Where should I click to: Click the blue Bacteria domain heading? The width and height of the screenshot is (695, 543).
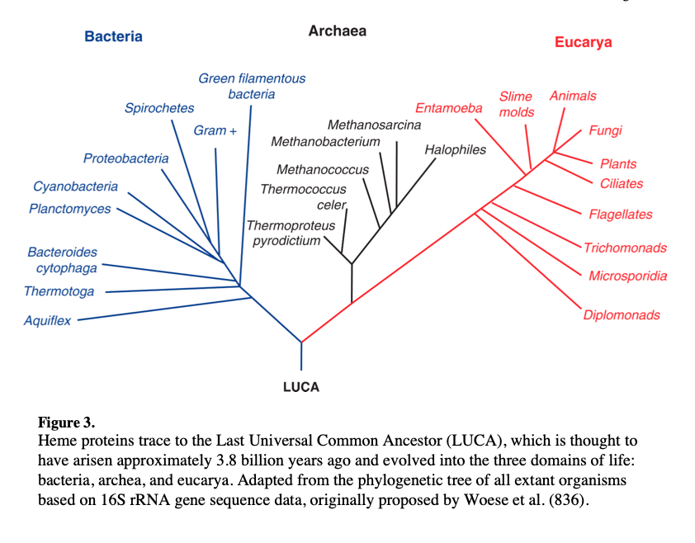[113, 36]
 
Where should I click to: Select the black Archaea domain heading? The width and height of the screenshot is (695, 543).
[337, 31]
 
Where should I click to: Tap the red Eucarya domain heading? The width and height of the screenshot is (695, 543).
[583, 42]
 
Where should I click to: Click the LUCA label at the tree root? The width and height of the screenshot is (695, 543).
[300, 386]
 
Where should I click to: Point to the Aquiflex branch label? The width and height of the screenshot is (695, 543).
[47, 320]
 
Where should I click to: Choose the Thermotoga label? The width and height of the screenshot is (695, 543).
[59, 291]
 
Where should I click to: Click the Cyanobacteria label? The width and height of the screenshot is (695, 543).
[75, 187]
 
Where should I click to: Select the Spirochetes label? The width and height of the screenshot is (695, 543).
[159, 108]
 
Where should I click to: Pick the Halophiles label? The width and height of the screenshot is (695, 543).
[455, 149]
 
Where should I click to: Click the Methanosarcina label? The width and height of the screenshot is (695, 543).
[374, 125]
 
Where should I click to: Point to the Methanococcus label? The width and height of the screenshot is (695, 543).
[323, 170]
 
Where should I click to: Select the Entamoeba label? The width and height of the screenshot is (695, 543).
[448, 108]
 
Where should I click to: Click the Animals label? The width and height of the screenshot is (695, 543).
[572, 96]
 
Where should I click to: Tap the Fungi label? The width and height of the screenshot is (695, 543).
[605, 130]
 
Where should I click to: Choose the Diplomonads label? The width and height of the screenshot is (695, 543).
[622, 314]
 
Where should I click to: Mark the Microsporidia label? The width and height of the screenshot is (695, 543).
[627, 276]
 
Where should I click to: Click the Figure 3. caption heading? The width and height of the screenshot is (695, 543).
[66, 423]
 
